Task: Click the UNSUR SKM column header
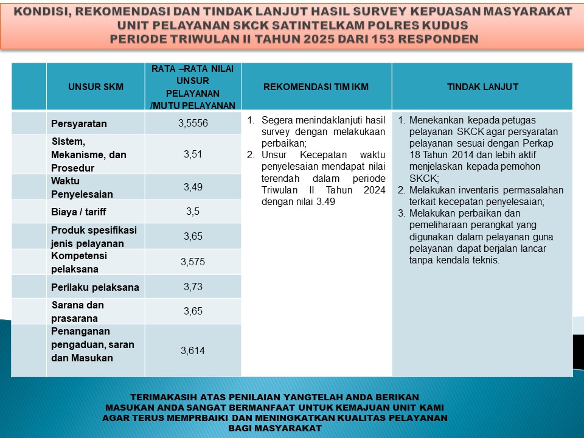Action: tap(96, 87)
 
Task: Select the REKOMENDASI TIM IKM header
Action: tap(316, 87)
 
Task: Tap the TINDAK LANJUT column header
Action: tap(482, 87)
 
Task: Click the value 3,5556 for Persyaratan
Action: tap(193, 123)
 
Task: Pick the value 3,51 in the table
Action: tap(193, 155)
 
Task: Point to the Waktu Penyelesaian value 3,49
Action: tap(193, 187)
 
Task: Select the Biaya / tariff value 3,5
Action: tap(193, 212)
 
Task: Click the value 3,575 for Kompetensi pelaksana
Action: tap(193, 262)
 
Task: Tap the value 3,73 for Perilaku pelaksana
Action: tap(193, 287)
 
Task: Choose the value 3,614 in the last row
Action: tap(193, 350)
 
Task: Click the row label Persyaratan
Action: tap(79, 124)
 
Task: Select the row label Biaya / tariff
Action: tap(80, 212)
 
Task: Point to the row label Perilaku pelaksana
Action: tap(95, 287)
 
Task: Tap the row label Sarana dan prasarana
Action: tap(77, 311)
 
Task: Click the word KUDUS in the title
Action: tap(447, 26)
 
